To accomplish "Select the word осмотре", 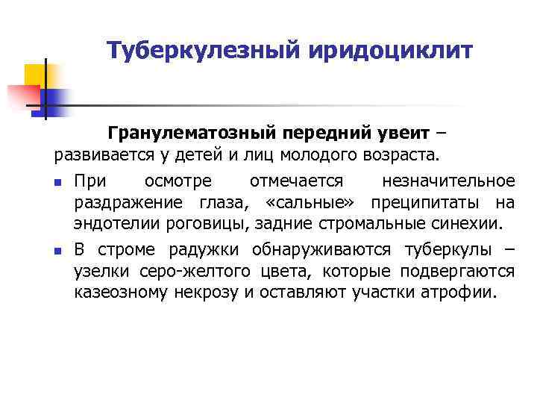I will [178, 181].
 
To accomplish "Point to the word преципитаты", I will [427, 202].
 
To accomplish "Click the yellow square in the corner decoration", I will [35, 75].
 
